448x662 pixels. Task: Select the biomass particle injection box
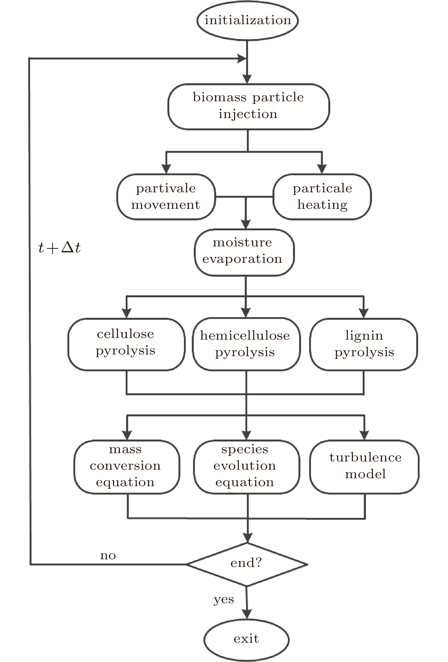click(249, 106)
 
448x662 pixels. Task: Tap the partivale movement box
click(166, 197)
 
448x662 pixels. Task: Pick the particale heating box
click(322, 197)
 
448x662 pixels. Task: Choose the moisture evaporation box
click(244, 252)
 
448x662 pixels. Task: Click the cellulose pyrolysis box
click(127, 345)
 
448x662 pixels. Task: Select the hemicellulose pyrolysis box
click(246, 345)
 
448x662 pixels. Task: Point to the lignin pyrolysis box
click(364, 345)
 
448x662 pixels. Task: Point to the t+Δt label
click(59, 247)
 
